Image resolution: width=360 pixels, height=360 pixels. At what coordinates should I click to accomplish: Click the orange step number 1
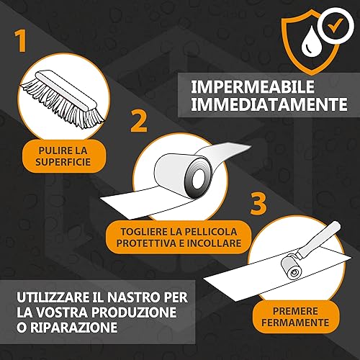[x=21, y=41]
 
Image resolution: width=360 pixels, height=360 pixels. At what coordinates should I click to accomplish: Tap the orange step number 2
[x=139, y=121]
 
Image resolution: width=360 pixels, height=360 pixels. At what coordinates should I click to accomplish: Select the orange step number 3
[x=258, y=204]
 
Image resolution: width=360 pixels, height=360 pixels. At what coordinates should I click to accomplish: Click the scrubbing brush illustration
[x=63, y=98]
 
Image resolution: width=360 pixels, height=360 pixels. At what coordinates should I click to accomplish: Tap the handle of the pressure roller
[x=319, y=239]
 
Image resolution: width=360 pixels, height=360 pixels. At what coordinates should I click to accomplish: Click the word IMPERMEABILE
[x=253, y=86]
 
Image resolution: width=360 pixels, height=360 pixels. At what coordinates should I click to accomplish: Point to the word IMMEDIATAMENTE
[x=269, y=104]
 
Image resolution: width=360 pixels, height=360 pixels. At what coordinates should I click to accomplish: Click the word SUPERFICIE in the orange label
[x=63, y=162]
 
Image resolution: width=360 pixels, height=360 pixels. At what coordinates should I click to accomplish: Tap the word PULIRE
[x=54, y=150]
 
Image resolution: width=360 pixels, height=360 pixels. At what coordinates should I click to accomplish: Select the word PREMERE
[x=295, y=311]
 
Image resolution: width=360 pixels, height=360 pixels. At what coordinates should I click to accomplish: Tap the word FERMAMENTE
[x=295, y=323]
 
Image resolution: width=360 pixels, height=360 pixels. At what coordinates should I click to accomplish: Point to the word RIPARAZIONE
[x=73, y=328]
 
